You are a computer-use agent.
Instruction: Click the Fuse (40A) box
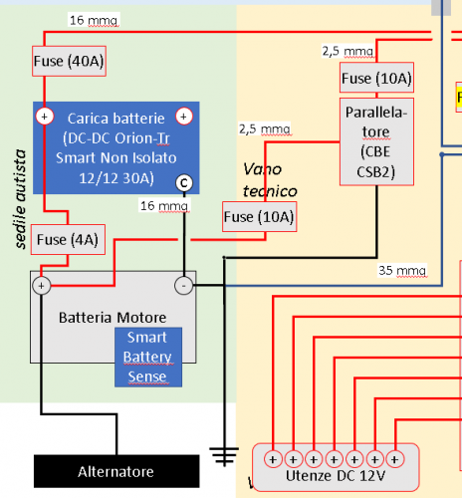click(x=69, y=61)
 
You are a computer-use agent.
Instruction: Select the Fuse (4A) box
click(x=64, y=239)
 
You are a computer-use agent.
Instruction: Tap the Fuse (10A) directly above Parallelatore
click(x=376, y=79)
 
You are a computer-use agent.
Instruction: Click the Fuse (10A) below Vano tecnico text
click(x=259, y=216)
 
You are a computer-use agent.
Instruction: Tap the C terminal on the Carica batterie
click(x=182, y=182)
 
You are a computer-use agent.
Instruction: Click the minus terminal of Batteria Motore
click(x=183, y=286)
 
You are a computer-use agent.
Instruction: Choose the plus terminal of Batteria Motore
click(x=42, y=286)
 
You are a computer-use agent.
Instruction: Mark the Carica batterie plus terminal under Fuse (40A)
click(x=44, y=117)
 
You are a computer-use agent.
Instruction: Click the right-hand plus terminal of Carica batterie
click(x=183, y=117)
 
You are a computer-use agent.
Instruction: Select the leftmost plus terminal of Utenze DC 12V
click(x=273, y=459)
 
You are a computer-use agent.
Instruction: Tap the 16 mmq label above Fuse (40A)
click(x=92, y=20)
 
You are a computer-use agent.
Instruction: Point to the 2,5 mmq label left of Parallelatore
click(x=264, y=128)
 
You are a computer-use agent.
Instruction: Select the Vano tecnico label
click(x=270, y=179)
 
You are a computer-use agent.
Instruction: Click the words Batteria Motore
click(x=113, y=318)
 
